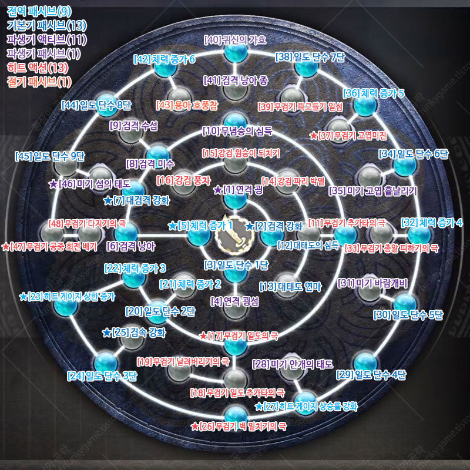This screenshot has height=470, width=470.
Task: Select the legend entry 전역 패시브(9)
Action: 39,11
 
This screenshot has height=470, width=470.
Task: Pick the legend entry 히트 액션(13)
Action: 38,68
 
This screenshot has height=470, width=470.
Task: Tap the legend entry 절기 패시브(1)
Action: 39,82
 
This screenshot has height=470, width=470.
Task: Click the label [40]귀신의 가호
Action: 235,40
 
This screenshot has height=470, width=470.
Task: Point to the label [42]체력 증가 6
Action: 164,59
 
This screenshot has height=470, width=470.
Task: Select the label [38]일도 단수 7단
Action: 310,57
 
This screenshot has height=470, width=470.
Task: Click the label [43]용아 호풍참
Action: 187,105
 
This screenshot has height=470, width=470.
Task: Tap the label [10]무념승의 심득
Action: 237,130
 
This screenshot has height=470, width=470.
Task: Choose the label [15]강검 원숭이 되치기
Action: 241,153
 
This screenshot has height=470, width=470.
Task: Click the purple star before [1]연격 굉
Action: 218,190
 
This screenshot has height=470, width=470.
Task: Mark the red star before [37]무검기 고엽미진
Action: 314,136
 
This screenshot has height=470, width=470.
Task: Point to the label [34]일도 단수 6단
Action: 414,154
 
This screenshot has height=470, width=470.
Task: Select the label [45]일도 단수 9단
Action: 50,156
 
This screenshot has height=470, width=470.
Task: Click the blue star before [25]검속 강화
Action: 106,333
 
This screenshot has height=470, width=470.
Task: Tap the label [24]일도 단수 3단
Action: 102,375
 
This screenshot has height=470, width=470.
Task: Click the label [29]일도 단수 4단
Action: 371,374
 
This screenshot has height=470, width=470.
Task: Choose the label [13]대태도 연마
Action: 290,287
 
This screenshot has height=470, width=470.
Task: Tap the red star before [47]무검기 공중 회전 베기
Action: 5,247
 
